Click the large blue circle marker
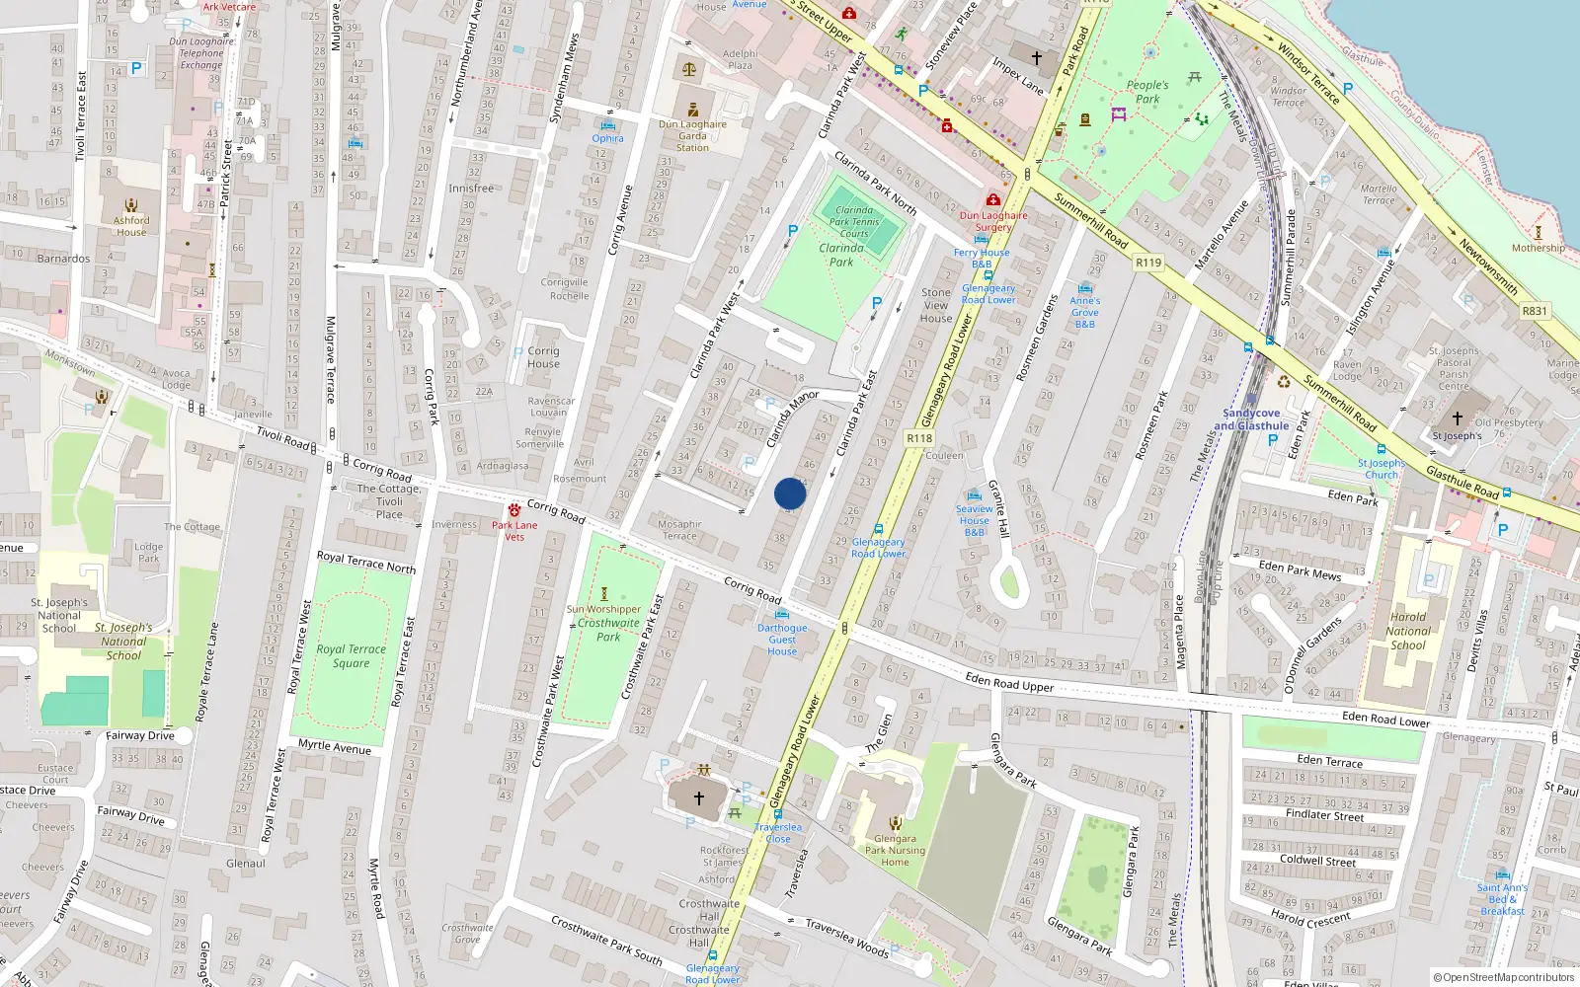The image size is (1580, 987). point(790,493)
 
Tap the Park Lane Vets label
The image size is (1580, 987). point(514,531)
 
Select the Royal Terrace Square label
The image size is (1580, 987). point(351,656)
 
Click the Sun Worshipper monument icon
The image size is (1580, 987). point(604,594)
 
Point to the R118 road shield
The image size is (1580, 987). point(919,438)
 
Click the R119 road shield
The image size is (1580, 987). point(1148,263)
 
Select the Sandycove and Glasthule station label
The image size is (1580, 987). point(1251,419)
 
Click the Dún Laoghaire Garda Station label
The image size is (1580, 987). point(692,136)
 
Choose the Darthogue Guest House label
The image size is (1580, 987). point(782,640)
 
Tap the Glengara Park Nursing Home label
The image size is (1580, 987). point(895,851)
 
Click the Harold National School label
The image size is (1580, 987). point(1407,632)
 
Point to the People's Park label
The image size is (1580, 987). point(1147,92)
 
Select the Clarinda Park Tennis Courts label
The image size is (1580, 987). point(854,222)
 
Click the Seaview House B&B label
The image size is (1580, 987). point(974,521)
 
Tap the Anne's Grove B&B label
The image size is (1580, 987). point(1084,312)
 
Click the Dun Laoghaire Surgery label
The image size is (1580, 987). point(993,221)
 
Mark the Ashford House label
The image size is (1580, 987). point(131,227)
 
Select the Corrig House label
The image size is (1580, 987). point(543,357)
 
